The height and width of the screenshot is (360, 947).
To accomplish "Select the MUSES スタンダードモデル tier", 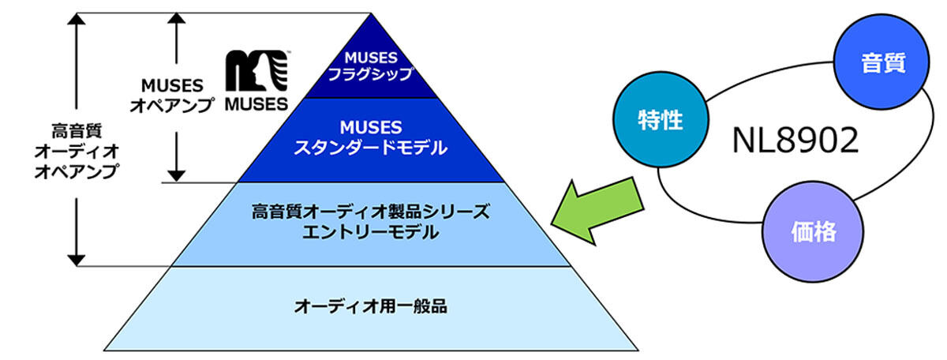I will point(371,138).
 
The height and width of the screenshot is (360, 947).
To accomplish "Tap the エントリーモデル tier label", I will point(371,233).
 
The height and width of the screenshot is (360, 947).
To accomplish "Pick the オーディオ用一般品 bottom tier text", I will point(371,306).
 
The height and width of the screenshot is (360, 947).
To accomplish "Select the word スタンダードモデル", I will point(371,148).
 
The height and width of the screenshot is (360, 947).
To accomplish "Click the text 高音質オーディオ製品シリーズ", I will point(371,212).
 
